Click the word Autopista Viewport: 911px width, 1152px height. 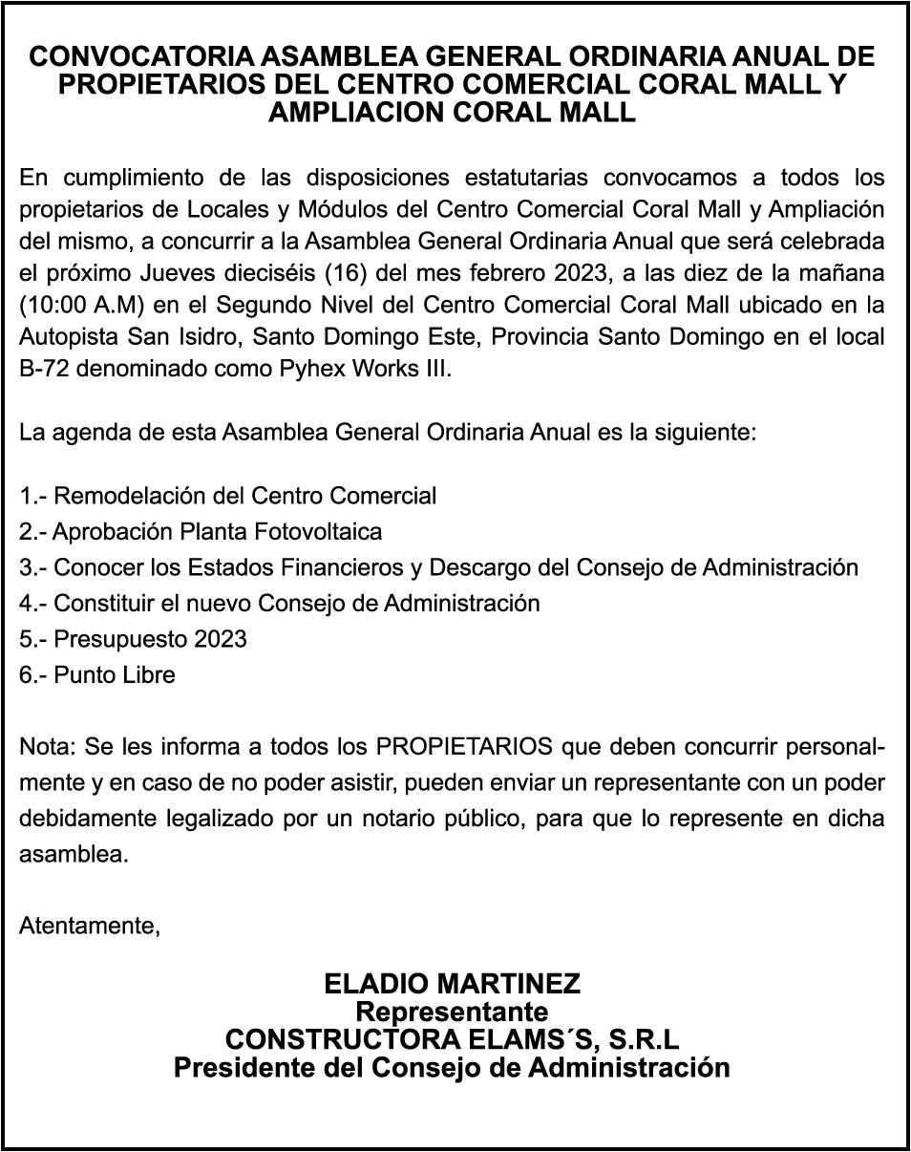tap(66, 336)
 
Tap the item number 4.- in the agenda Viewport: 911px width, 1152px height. tap(33, 604)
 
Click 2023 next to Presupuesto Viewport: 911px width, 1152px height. tap(221, 639)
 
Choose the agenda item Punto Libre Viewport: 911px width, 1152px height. tap(114, 675)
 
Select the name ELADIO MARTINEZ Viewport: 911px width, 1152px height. tap(453, 983)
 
